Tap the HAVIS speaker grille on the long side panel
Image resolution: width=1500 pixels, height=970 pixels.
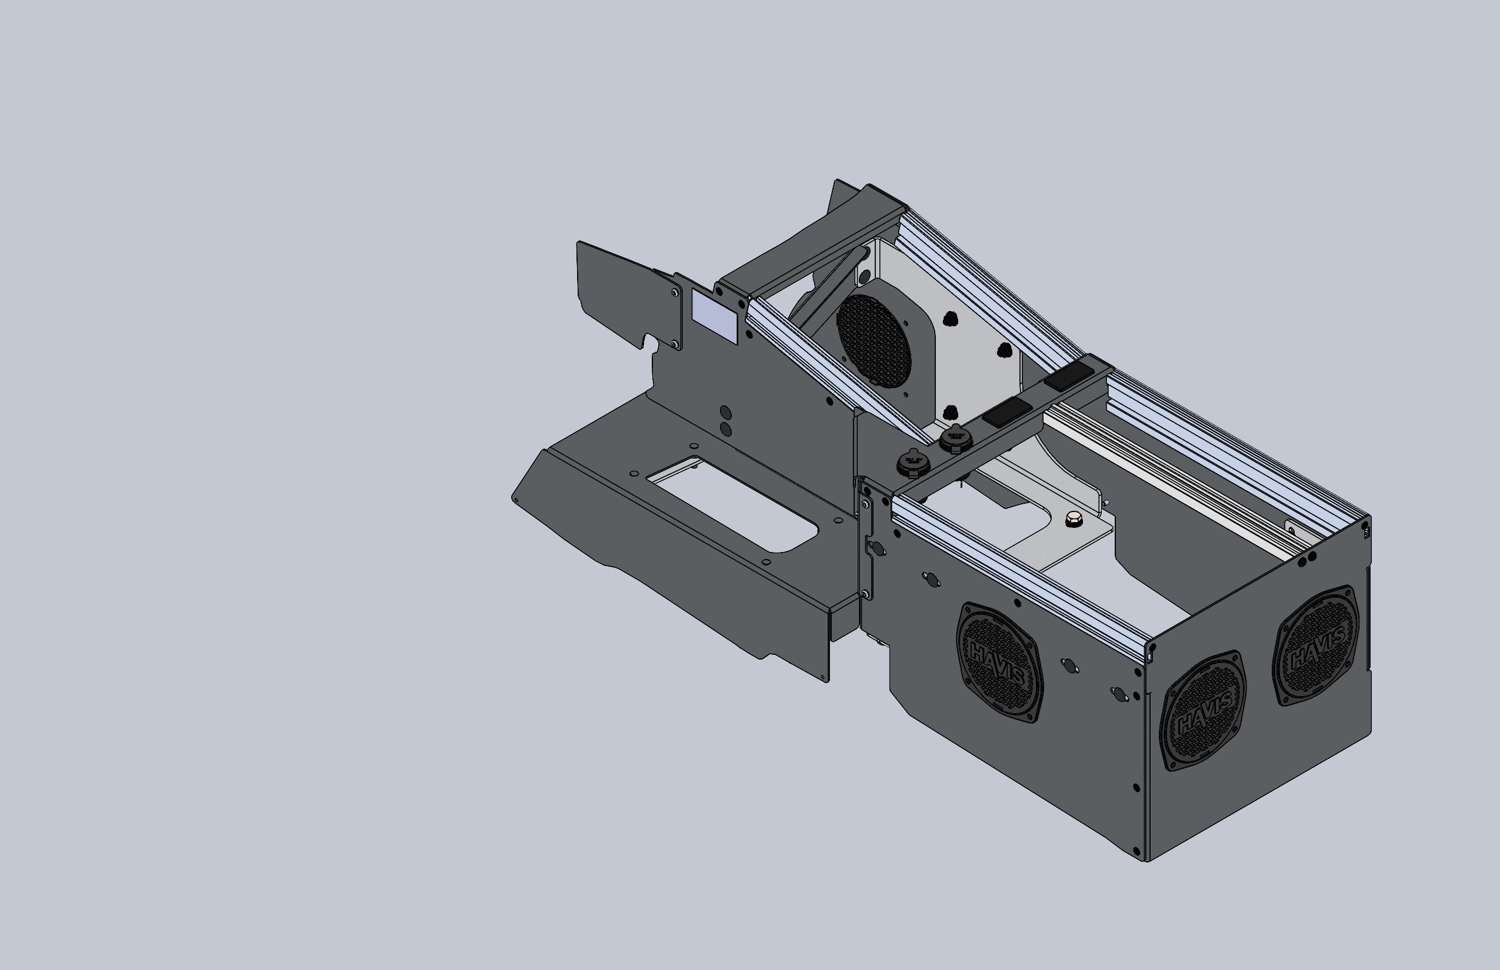(999, 662)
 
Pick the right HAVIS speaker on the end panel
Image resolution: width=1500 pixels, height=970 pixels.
(1316, 646)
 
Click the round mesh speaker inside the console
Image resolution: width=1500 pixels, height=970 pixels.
(874, 341)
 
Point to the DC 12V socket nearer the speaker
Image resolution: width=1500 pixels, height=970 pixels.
(955, 436)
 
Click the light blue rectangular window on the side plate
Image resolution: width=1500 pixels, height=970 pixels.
(715, 317)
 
